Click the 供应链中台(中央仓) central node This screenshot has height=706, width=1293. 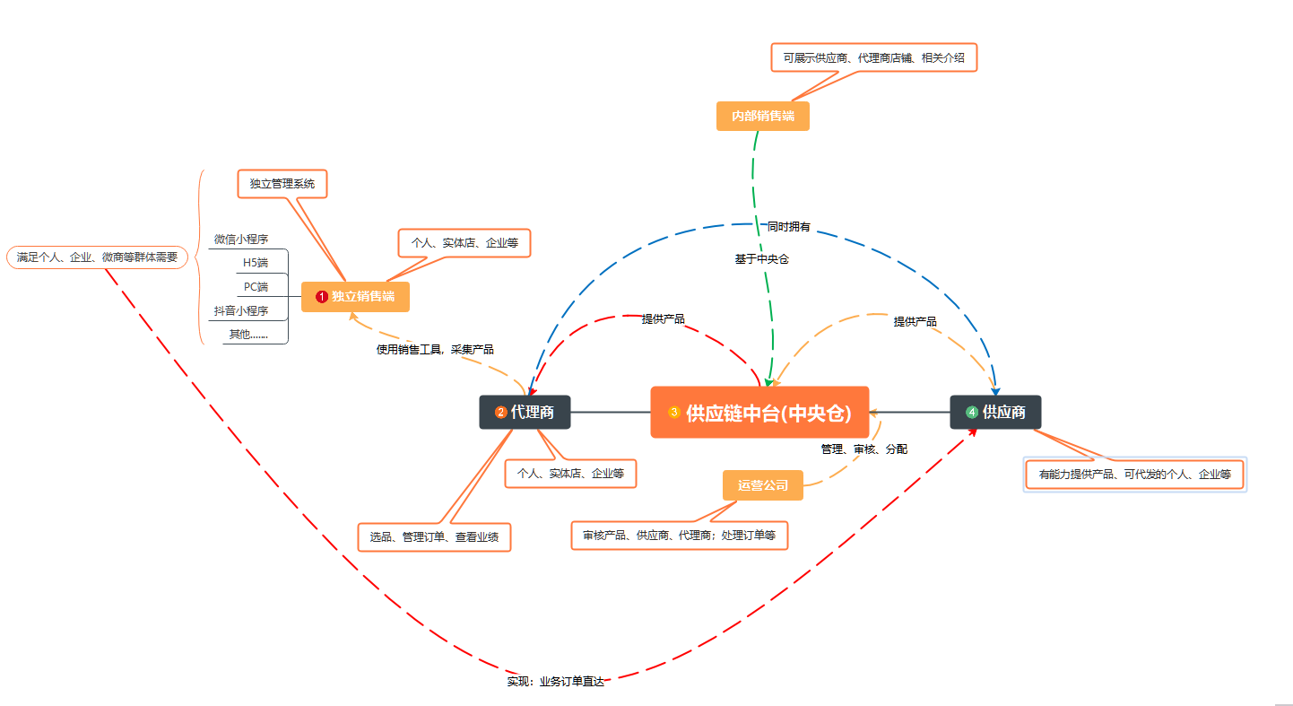click(x=759, y=412)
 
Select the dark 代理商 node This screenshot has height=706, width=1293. click(x=525, y=412)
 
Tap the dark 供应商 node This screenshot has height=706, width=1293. click(x=995, y=412)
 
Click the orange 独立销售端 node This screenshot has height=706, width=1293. click(x=356, y=297)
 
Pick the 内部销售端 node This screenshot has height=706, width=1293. click(x=762, y=116)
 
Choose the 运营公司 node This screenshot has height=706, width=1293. click(x=762, y=485)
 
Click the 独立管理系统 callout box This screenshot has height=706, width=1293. click(x=282, y=184)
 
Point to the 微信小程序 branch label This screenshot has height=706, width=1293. click(x=241, y=239)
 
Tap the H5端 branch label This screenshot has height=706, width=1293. click(x=256, y=263)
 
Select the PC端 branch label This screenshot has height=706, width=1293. click(x=256, y=287)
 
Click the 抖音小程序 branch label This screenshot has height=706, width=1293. click(x=241, y=310)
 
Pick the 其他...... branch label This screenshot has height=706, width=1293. click(x=248, y=335)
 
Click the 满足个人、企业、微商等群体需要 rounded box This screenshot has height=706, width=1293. click(x=97, y=257)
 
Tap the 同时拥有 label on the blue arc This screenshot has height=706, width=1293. click(x=788, y=227)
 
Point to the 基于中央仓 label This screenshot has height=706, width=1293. click(x=761, y=259)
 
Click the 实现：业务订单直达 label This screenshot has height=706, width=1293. click(x=555, y=682)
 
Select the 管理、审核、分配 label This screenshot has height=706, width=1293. click(x=864, y=449)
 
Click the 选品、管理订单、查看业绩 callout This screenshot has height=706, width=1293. click(x=434, y=537)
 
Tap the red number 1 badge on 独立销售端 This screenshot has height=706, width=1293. click(x=322, y=297)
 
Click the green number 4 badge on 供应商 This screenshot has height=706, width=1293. click(x=972, y=412)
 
